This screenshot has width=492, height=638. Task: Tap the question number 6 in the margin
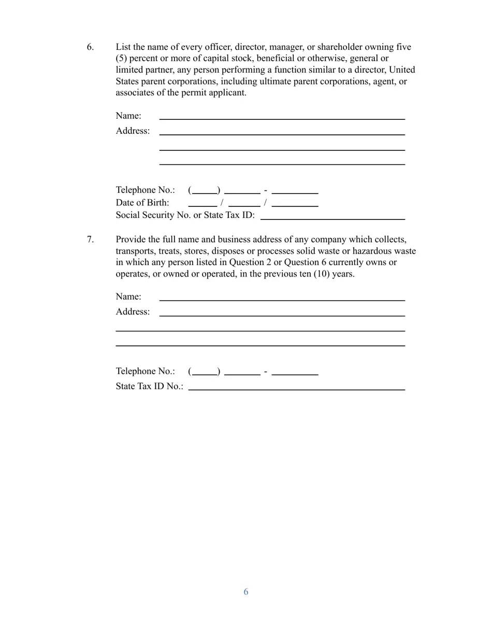click(x=90, y=47)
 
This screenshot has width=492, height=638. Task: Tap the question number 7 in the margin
click(x=90, y=240)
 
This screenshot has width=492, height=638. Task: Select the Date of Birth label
click(x=142, y=203)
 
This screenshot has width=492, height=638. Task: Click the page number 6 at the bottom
click(x=246, y=592)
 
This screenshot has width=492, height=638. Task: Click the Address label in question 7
click(x=133, y=312)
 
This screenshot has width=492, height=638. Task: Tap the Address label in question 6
click(x=133, y=131)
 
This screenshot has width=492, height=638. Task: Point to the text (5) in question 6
click(x=123, y=59)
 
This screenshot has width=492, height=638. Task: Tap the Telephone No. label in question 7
click(x=145, y=371)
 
